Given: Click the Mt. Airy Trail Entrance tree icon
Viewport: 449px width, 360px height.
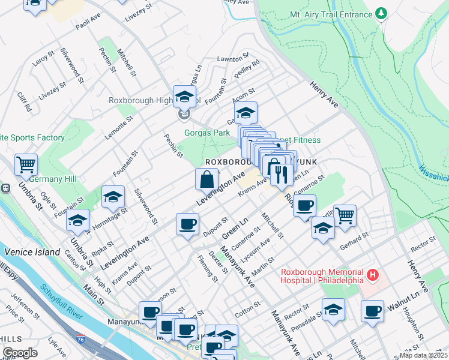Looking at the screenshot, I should (381, 13).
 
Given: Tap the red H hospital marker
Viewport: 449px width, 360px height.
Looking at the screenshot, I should (373, 275).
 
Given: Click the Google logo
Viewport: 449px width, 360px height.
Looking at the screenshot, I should (20, 352).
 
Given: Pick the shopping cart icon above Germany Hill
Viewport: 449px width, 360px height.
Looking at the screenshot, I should (26, 164).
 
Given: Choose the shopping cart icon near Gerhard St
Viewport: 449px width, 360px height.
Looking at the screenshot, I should (345, 215).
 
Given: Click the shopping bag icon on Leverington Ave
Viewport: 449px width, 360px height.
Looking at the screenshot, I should (206, 179).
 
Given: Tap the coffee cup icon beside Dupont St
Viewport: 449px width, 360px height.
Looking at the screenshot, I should (187, 224).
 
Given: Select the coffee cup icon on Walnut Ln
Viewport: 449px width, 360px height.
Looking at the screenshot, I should (372, 311).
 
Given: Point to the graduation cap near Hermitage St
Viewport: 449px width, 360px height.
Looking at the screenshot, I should (113, 196).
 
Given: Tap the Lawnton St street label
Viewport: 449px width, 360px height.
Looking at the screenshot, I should (229, 59).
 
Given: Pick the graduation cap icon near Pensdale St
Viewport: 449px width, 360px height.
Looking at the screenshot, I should (333, 309).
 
